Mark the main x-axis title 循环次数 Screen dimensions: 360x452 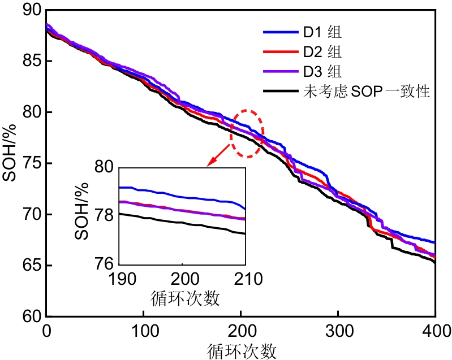pyautogui.click(x=240, y=350)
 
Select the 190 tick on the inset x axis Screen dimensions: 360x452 pyautogui.click(x=118, y=279)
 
